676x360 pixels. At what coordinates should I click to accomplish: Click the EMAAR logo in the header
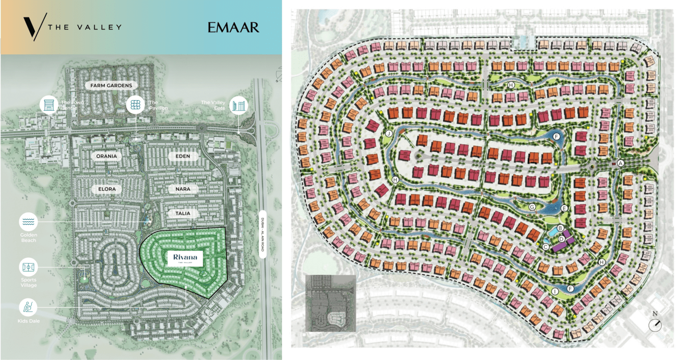233,27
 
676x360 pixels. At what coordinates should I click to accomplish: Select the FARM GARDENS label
111,85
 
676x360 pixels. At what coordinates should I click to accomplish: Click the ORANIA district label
106,156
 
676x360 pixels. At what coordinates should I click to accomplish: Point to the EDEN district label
183,156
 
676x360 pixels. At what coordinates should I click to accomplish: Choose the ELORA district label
107,190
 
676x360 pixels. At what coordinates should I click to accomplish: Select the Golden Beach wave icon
28,222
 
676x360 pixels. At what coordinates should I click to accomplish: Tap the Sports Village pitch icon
28,267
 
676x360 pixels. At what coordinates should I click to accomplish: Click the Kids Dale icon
28,307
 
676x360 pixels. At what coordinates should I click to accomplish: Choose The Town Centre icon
48,105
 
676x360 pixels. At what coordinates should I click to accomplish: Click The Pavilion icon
135,105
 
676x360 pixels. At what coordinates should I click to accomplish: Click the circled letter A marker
621,164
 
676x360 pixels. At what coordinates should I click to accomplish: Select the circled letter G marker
532,207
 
